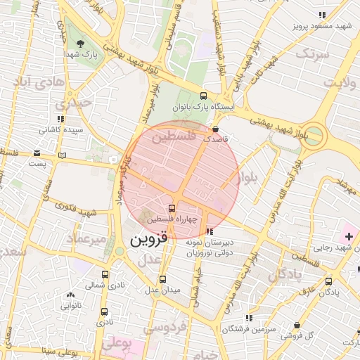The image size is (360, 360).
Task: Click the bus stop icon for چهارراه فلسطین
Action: (x=172, y=208)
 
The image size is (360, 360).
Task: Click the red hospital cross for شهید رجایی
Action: (x=349, y=233)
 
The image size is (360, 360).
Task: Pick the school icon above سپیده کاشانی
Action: (x=60, y=119)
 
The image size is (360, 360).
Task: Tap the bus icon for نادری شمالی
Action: (x=105, y=275)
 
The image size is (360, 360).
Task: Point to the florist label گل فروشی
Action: (x=297, y=335)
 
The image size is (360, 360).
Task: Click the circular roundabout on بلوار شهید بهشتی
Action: (x=315, y=134)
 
